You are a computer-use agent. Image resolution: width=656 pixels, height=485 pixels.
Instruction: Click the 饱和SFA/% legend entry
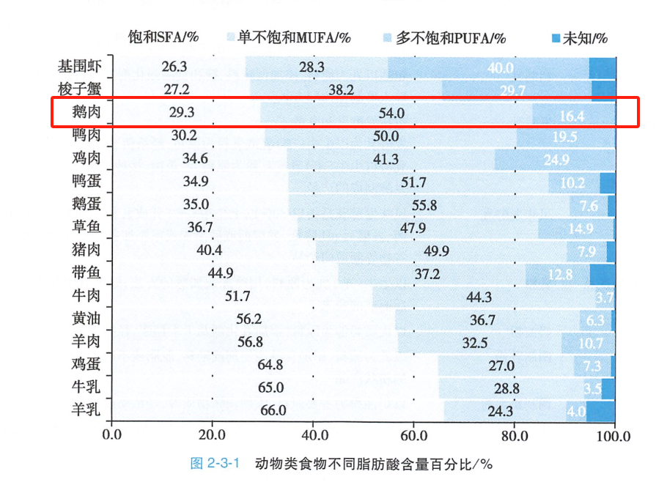(163, 37)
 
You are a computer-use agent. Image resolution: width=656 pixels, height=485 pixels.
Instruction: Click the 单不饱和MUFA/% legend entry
(289, 37)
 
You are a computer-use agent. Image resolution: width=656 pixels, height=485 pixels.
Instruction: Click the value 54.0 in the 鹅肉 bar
(391, 113)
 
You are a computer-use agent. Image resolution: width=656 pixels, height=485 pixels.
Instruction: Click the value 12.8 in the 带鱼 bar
(559, 274)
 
